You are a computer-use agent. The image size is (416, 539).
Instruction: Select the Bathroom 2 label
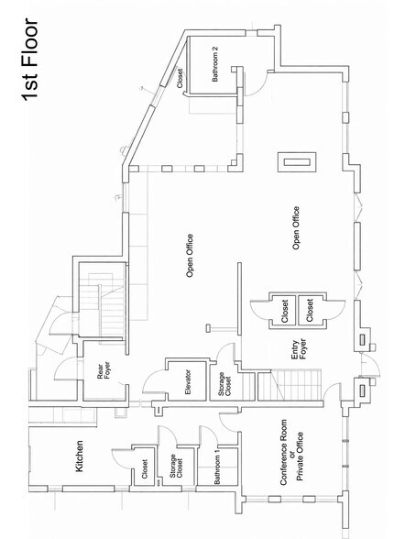pyautogui.click(x=216, y=69)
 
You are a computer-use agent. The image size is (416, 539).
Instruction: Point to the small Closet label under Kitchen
pyautogui.click(x=144, y=468)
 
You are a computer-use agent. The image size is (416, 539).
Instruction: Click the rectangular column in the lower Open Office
pyautogui.click(x=296, y=163)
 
